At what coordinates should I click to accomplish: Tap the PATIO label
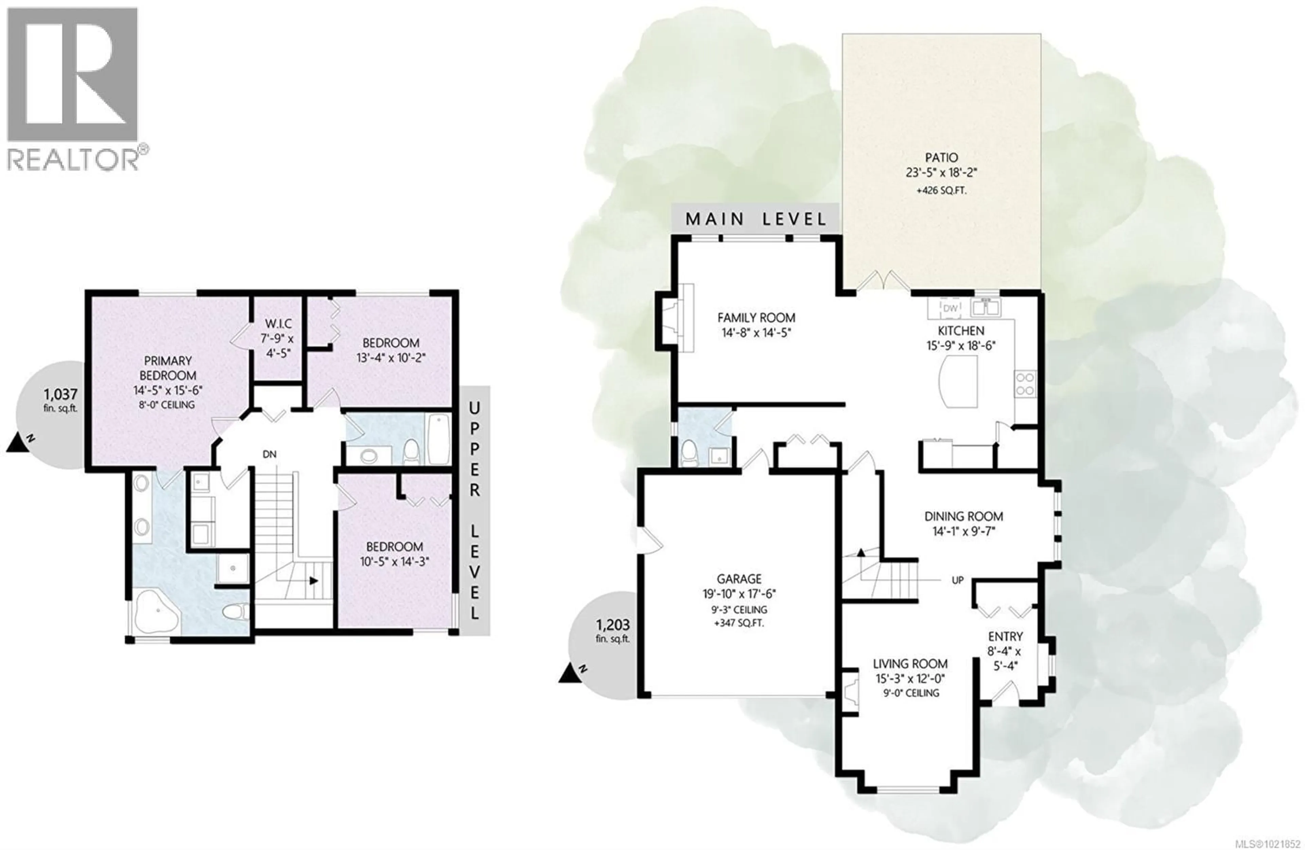click(x=941, y=157)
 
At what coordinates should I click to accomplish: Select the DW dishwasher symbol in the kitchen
click(x=950, y=308)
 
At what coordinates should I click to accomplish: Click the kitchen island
click(x=958, y=381)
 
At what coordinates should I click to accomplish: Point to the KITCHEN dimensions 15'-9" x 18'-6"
click(x=961, y=346)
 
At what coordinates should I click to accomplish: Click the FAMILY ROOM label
click(x=756, y=317)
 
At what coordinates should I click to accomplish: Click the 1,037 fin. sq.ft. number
click(x=60, y=394)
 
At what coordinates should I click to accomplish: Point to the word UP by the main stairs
click(x=957, y=580)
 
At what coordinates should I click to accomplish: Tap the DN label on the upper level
click(x=269, y=454)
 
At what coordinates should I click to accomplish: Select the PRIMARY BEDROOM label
click(x=168, y=368)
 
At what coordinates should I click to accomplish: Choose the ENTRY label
click(x=1005, y=636)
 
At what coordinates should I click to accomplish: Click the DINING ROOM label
click(x=963, y=516)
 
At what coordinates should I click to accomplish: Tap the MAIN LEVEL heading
click(x=755, y=219)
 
